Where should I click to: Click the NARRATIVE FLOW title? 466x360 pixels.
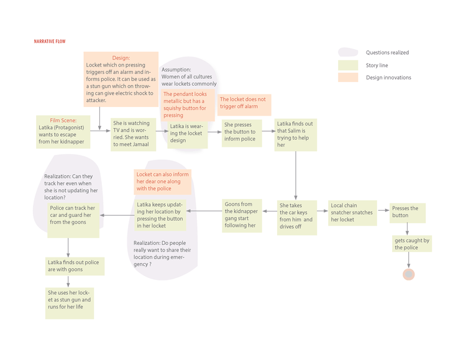click(x=50, y=42)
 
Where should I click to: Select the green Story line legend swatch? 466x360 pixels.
click(x=348, y=65)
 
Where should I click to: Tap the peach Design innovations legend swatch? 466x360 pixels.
click(x=348, y=77)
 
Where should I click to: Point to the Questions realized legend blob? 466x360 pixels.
click(x=348, y=52)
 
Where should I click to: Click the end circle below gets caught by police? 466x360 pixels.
click(x=409, y=274)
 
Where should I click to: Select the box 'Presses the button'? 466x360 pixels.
click(x=408, y=213)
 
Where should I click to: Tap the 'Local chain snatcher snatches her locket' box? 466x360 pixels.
click(x=352, y=213)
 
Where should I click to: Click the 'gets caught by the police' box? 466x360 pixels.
click(x=412, y=244)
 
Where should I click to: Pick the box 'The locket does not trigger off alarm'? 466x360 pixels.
click(x=244, y=105)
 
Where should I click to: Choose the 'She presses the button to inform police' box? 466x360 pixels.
click(x=242, y=133)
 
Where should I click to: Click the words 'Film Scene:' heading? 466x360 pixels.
click(x=63, y=120)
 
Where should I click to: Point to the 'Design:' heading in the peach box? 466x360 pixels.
click(x=121, y=58)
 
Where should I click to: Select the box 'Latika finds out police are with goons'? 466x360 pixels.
click(x=75, y=266)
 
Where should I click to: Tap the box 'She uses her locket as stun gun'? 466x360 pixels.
click(x=70, y=303)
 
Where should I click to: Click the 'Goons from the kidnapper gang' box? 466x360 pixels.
click(x=242, y=216)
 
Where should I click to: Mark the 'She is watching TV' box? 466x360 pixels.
click(x=133, y=135)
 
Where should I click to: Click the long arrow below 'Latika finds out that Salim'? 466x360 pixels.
click(x=296, y=175)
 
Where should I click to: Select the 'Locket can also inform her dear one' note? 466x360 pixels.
click(x=163, y=182)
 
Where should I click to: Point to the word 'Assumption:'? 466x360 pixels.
click(x=176, y=70)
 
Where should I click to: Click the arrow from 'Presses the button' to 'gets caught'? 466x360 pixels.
click(x=407, y=229)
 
